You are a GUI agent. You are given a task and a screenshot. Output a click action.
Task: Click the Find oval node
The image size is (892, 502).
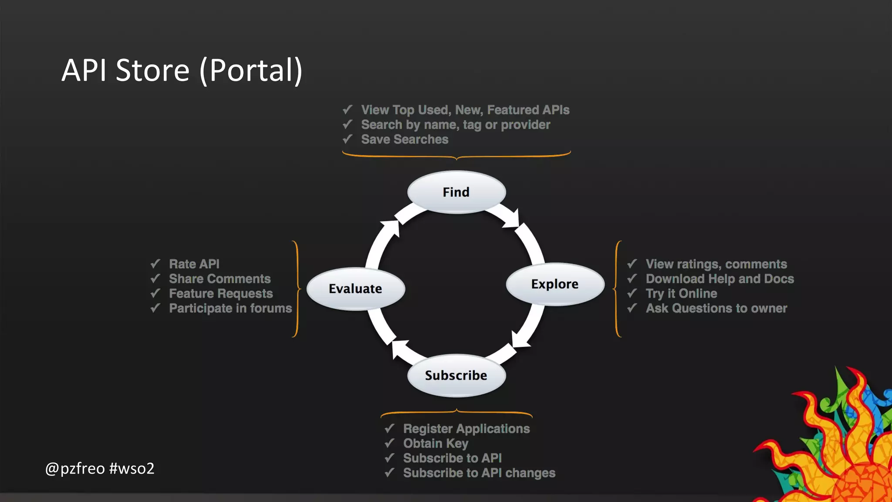point(456,192)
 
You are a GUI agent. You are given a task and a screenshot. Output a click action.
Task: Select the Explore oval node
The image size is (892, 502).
point(554,284)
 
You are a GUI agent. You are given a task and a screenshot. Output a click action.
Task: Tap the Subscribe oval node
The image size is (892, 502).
point(456,375)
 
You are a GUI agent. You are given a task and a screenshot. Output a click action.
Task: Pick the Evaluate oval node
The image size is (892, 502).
point(355,288)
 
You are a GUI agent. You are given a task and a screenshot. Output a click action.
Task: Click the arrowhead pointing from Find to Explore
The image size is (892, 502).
point(512,219)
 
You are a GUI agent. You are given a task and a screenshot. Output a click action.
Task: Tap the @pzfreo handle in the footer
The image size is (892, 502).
point(75,468)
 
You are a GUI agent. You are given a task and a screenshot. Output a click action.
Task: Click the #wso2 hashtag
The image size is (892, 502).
point(132,468)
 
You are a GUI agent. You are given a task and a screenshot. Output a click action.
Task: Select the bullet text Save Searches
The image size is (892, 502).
point(404,139)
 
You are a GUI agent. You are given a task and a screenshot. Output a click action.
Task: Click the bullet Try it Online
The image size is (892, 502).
point(681,294)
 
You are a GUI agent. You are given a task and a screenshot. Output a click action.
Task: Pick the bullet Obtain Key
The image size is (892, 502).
point(436,444)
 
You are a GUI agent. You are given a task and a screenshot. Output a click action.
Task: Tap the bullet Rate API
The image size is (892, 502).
point(194,264)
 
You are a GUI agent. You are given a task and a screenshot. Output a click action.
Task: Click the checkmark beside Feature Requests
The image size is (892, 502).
point(155,293)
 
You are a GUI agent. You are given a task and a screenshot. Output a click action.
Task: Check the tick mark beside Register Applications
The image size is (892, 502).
point(389,428)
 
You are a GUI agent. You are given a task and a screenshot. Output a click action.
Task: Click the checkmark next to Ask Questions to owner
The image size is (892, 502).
point(632,308)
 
